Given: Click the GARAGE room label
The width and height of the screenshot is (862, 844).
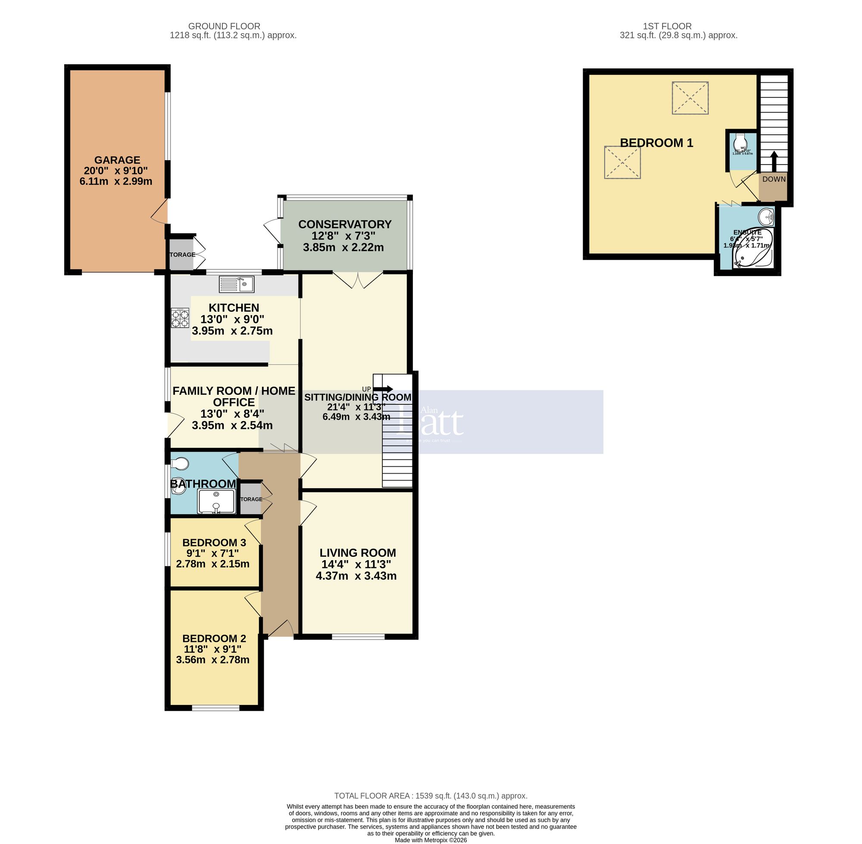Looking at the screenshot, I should click(x=117, y=160).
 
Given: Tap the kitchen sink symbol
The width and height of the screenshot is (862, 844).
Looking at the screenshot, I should click(x=236, y=284).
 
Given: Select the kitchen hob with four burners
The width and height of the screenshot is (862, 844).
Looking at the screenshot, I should click(x=180, y=318).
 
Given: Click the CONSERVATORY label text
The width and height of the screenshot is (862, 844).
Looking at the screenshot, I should click(x=344, y=224).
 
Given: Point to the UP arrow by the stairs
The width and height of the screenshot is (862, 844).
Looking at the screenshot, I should click(x=383, y=389).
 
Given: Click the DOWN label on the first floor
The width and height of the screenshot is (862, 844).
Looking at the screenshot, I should click(x=774, y=179).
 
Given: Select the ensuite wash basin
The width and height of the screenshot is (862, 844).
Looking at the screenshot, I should click(x=766, y=217).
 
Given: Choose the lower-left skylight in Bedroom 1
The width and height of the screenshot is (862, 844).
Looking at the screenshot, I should click(x=622, y=163).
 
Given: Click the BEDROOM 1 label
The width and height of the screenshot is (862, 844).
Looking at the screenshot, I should click(x=656, y=143).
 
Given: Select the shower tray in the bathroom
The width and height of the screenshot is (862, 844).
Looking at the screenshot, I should click(x=216, y=501).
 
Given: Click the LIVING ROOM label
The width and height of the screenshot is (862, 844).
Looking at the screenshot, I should click(x=358, y=553).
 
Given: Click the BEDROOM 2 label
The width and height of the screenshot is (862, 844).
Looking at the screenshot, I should click(x=214, y=638).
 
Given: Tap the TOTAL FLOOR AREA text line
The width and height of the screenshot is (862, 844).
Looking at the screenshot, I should click(x=430, y=796).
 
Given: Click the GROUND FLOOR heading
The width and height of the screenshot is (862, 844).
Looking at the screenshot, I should click(x=224, y=26).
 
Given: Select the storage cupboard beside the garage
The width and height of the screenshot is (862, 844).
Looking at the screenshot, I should click(x=182, y=254).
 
